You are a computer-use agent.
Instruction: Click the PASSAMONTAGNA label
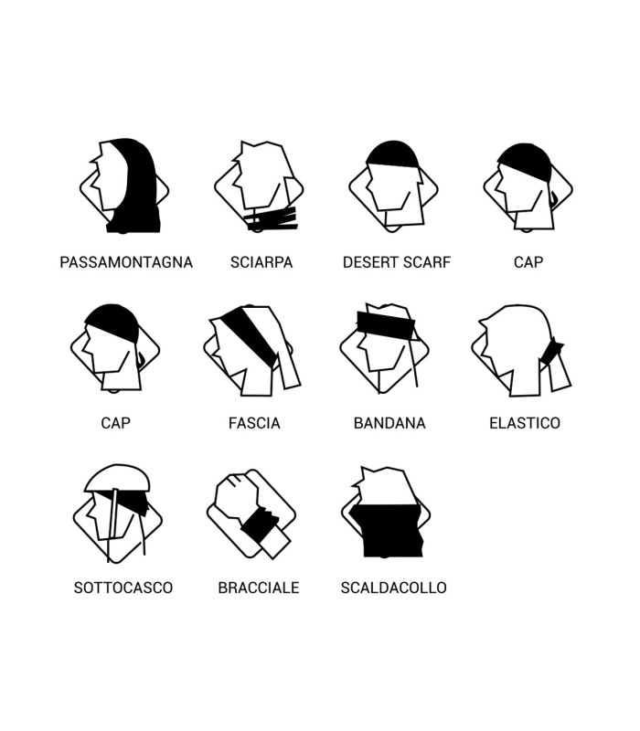point(126,262)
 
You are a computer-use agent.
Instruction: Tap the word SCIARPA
point(261,262)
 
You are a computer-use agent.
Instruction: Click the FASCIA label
point(254,423)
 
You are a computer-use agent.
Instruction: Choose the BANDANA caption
point(389,423)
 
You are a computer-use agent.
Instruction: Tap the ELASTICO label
point(525,423)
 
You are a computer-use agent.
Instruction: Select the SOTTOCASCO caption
point(123,588)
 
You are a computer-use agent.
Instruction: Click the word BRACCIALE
point(259,588)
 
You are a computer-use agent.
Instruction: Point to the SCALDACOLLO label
point(394,588)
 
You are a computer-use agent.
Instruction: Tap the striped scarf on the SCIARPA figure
point(272,219)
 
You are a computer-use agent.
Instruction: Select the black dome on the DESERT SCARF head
point(393,154)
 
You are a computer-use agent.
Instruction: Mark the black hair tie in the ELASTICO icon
point(551,352)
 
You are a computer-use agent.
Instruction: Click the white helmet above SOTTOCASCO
point(117,478)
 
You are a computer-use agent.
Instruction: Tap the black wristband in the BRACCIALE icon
point(260,524)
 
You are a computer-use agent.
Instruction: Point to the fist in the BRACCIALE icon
point(236,496)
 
